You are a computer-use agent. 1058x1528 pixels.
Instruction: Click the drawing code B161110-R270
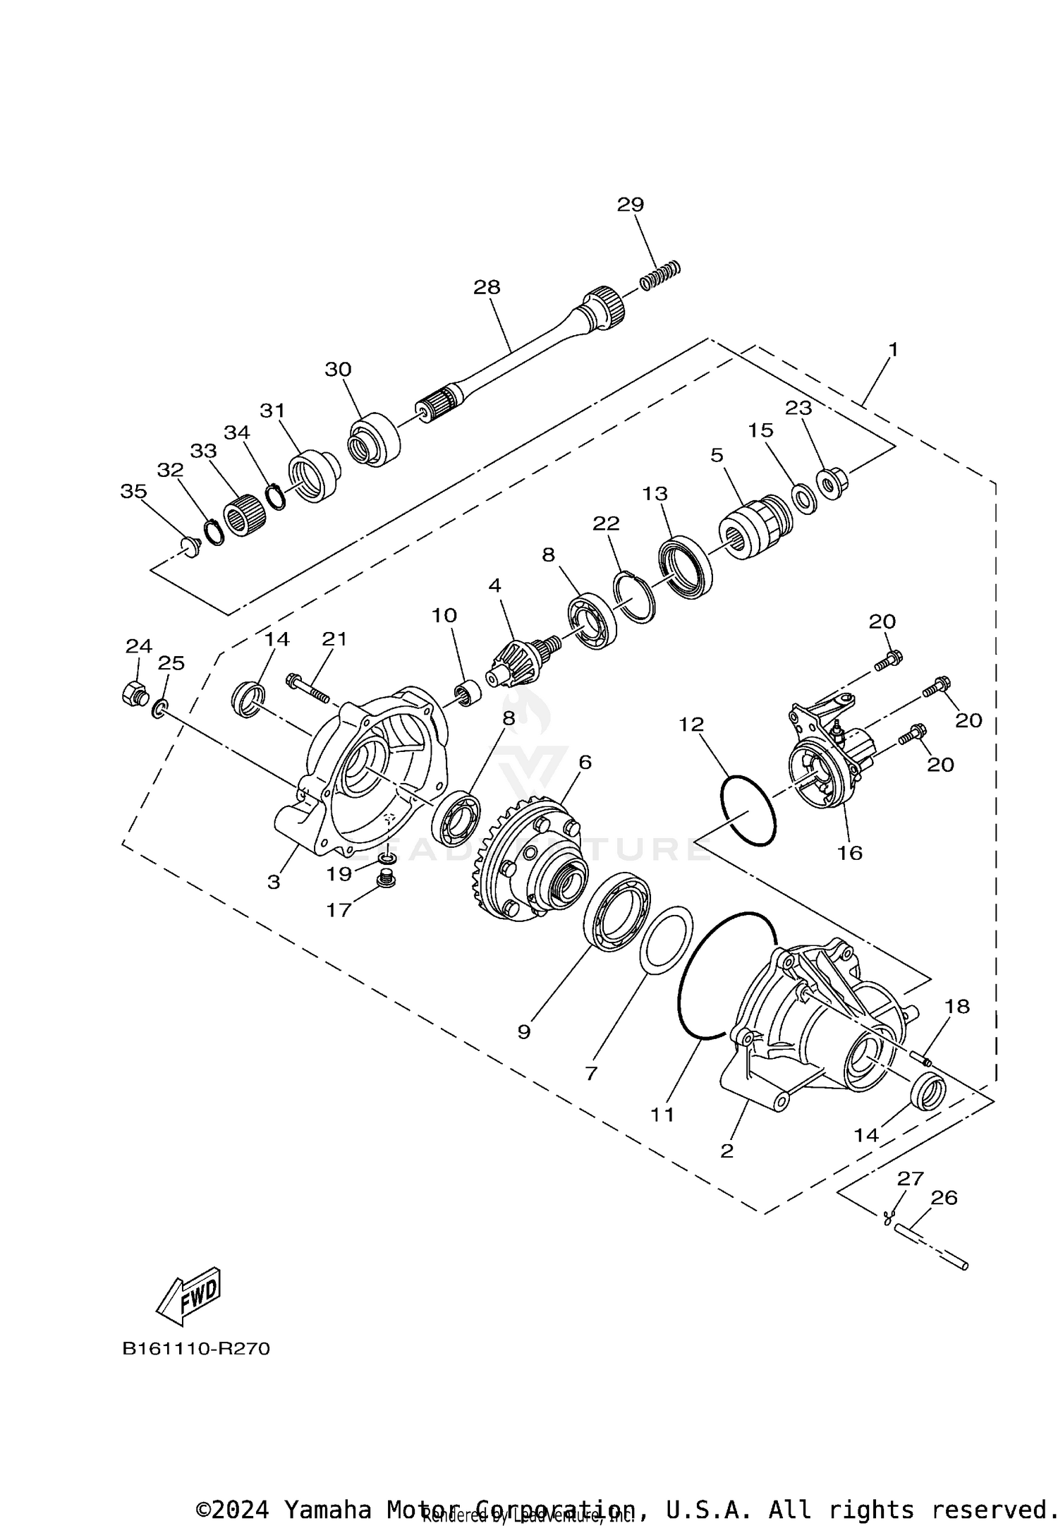195,1349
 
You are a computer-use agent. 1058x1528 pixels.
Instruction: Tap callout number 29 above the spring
630,205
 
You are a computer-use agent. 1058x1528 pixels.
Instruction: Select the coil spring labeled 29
661,275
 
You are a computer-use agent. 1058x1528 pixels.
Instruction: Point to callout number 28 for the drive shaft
487,287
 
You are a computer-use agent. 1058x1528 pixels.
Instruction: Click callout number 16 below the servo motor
850,853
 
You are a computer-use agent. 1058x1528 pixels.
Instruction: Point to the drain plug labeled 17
385,880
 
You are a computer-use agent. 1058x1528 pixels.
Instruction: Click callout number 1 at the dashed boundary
893,350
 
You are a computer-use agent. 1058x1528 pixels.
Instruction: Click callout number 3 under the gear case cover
274,882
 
